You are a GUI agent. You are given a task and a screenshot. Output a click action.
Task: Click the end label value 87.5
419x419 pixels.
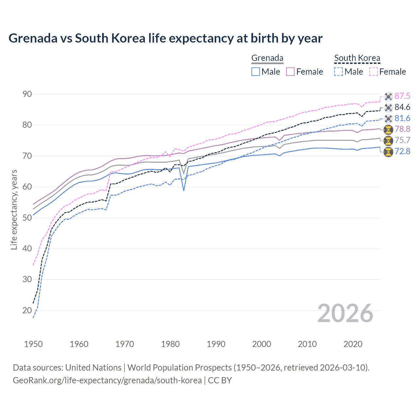(402, 96)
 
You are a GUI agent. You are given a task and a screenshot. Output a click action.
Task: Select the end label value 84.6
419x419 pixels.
(402, 107)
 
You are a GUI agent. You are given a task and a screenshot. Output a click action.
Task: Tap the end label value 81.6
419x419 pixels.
(402, 118)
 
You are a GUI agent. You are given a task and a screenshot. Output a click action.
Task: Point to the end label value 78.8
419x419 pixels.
(402, 129)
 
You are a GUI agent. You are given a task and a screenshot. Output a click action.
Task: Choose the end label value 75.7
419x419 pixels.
(402, 140)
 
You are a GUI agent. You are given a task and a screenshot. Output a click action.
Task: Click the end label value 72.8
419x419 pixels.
(402, 152)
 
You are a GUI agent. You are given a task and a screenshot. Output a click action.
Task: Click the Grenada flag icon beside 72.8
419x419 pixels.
(388, 152)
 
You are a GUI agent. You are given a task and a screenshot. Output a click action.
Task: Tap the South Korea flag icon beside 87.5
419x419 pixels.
(388, 96)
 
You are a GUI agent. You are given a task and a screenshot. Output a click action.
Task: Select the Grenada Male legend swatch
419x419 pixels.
(256, 72)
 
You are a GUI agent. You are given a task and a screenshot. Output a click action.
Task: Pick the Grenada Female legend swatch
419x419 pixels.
(290, 72)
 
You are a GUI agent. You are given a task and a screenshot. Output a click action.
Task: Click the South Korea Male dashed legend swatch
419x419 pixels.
(338, 72)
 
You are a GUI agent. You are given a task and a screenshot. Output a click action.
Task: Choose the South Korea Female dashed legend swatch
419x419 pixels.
(373, 72)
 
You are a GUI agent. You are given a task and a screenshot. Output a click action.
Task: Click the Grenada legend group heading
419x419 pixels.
(267, 58)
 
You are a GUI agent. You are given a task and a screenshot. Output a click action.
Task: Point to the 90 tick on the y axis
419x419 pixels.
(27, 94)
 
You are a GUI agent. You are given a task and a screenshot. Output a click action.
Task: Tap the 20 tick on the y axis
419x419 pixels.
(27, 310)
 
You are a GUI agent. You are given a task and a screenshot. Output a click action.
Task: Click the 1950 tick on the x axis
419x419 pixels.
(33, 344)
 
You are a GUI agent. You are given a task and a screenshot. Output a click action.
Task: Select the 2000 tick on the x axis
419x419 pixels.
(262, 344)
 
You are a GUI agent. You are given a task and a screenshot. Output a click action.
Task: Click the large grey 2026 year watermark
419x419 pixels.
(345, 313)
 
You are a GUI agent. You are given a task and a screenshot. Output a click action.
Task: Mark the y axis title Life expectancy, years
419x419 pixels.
(14, 209)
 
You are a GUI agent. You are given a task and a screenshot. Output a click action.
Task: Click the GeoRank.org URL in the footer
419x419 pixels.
(107, 380)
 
